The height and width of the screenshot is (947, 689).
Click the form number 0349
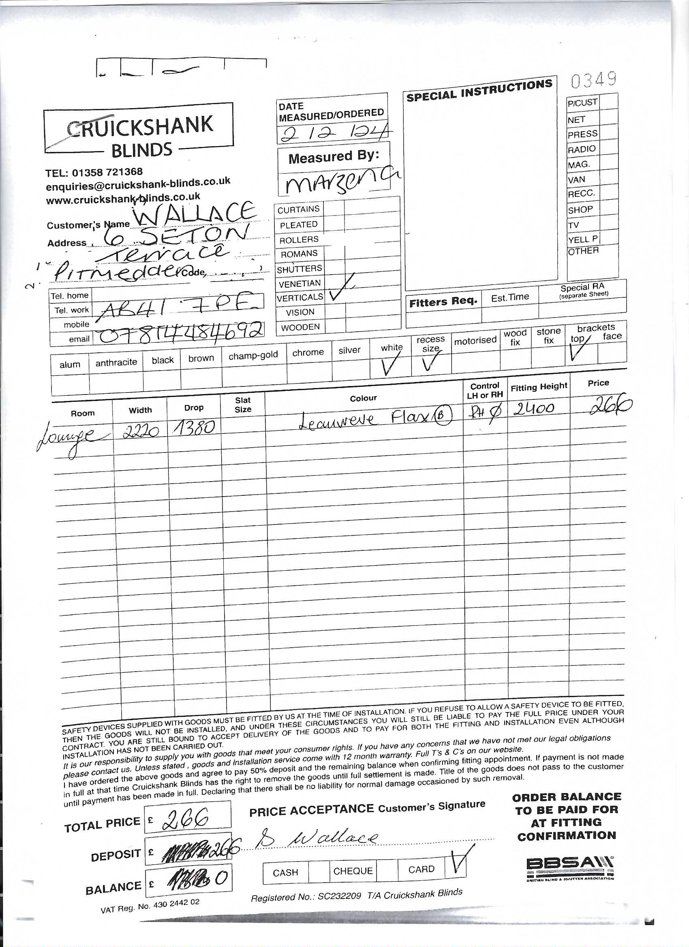pyautogui.click(x=593, y=80)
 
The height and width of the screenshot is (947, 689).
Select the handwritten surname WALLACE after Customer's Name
pyautogui.click(x=194, y=213)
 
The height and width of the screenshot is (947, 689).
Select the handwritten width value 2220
pyautogui.click(x=140, y=432)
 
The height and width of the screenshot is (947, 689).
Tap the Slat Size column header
pyautogui.click(x=243, y=405)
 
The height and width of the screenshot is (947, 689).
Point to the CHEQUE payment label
pyautogui.click(x=353, y=870)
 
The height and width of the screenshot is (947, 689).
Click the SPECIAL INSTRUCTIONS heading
pyautogui.click(x=479, y=91)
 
